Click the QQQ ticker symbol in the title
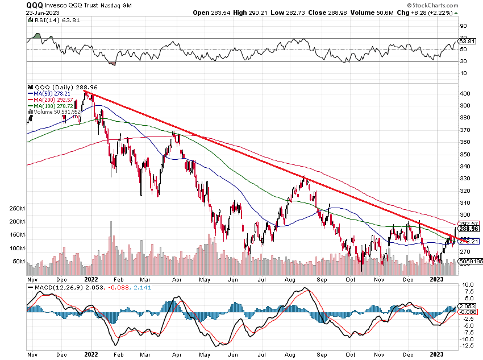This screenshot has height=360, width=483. click(34, 5)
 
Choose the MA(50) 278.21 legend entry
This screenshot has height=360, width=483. click(53, 93)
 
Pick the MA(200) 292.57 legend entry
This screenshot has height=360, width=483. click(55, 99)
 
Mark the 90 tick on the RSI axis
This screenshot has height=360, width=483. click(464, 26)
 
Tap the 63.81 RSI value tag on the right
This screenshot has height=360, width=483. click(467, 41)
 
